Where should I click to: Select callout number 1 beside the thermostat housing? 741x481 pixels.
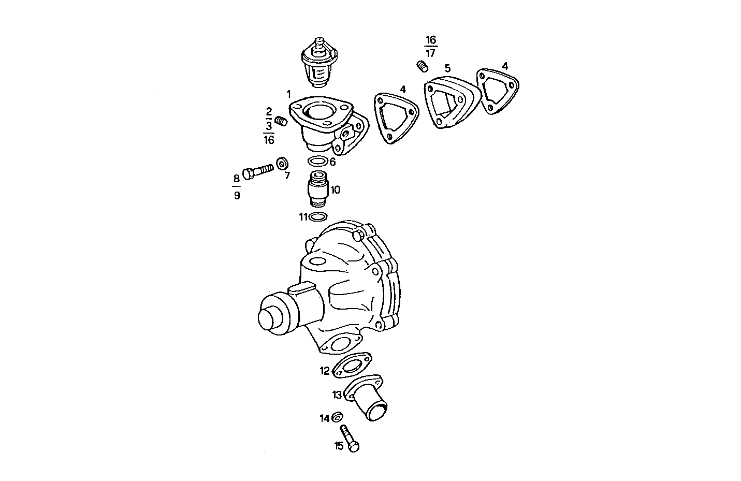(x=288, y=94)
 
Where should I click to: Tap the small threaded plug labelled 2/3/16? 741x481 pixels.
(x=281, y=121)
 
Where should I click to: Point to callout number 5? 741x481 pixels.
(x=447, y=68)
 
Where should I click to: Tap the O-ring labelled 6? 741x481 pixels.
(x=316, y=161)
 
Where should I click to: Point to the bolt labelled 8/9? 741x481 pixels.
(x=257, y=171)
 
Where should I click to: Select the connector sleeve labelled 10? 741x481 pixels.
(x=317, y=190)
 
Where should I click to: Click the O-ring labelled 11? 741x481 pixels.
(x=317, y=216)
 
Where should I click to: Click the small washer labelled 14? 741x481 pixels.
(x=337, y=417)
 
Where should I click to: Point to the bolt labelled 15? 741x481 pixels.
(x=350, y=439)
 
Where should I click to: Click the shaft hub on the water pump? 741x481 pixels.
(x=272, y=315)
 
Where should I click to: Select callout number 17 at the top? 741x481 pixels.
(x=430, y=52)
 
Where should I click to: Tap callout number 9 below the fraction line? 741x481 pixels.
(x=237, y=196)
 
